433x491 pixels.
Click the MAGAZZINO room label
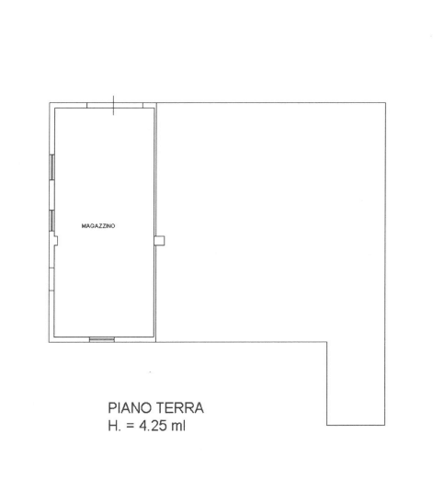98,226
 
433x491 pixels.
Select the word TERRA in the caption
179,408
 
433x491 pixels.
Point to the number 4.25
153,426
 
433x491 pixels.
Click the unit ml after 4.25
178,426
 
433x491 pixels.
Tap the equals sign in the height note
131,427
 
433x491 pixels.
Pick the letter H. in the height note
114,426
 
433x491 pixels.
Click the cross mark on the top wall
113,106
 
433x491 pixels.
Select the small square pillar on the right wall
159,241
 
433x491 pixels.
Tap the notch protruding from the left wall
56,241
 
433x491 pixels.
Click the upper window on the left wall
51,167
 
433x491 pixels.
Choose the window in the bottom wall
102,339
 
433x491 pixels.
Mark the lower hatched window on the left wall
51,221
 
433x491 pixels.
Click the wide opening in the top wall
115,105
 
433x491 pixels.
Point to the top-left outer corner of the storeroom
49,102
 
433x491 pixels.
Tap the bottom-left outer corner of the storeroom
49,342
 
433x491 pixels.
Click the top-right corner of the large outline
385,102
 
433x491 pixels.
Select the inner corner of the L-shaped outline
327,342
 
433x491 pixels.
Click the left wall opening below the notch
51,280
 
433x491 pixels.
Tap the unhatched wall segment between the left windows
51,195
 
